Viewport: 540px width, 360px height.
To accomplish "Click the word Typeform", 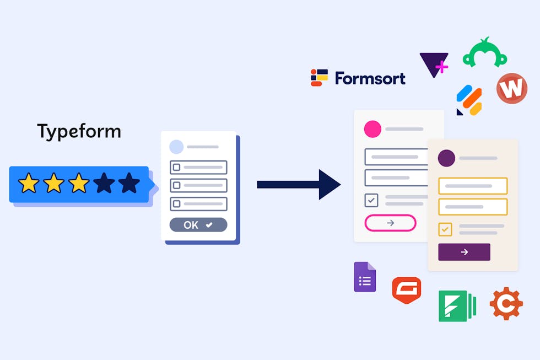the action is [x=79, y=132].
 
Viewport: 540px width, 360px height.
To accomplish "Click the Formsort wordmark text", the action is [x=370, y=78].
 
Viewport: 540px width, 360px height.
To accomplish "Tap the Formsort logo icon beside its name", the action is [x=319, y=78].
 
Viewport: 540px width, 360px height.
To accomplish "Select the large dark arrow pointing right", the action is [x=299, y=184].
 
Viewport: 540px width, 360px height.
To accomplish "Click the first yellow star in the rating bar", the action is [x=29, y=183].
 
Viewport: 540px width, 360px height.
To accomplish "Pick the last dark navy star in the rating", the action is [x=129, y=183].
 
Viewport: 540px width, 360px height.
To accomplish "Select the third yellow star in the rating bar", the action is [x=79, y=183].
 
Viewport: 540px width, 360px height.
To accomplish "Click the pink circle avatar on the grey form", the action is [x=372, y=129].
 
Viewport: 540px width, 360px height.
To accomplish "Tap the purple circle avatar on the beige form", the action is [x=446, y=158].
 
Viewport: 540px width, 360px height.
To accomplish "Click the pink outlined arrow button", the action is [x=390, y=223].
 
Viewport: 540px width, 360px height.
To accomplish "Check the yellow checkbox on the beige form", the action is [x=445, y=229].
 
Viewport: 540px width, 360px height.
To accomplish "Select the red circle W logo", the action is [x=512, y=88].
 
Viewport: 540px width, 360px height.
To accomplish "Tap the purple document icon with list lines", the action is [x=365, y=277].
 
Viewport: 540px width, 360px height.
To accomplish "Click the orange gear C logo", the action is [x=506, y=304].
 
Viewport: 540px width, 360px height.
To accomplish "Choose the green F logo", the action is [x=457, y=306].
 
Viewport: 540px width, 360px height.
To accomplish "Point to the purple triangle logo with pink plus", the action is [x=434, y=65].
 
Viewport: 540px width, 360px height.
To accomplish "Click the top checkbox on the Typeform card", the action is [x=177, y=168].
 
